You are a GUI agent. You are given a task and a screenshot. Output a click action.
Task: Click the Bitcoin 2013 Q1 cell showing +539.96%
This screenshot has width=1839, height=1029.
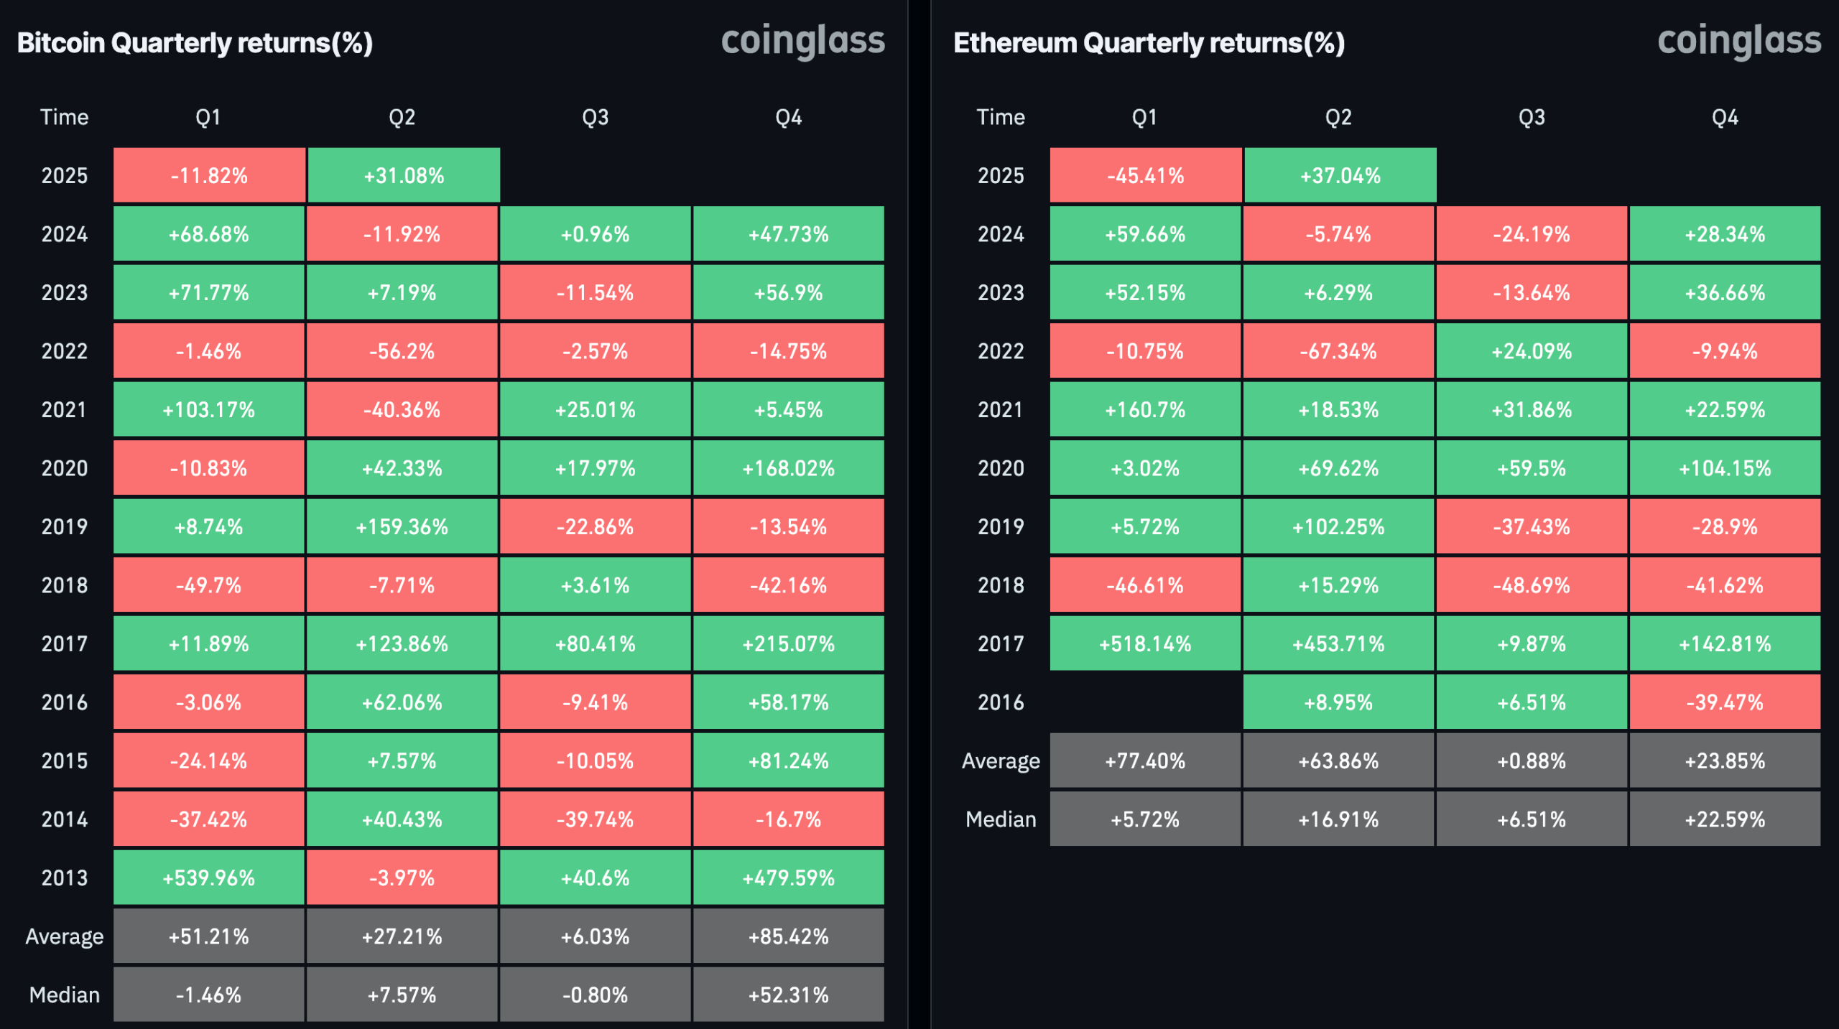[x=208, y=877]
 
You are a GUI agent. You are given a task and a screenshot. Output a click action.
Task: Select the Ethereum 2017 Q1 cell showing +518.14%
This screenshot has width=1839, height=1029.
[x=1145, y=643]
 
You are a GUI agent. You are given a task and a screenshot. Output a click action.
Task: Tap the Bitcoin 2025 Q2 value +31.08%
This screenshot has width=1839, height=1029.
[x=404, y=175]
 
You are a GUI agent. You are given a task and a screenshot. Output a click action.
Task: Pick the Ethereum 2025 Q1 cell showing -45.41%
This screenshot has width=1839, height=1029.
[x=1145, y=175]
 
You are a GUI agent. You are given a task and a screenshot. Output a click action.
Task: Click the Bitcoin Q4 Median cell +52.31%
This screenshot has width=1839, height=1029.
[x=788, y=995]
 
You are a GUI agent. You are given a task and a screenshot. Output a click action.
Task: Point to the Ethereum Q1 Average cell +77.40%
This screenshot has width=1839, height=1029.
[x=1145, y=760]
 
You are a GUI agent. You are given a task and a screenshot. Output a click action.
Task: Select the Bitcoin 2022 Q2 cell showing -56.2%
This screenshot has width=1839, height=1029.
[x=402, y=351]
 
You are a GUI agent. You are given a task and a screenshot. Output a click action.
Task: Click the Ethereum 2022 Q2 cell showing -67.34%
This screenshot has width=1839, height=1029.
[x=1338, y=351]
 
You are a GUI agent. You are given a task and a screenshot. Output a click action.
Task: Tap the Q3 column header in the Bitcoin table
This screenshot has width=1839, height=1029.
[x=595, y=117]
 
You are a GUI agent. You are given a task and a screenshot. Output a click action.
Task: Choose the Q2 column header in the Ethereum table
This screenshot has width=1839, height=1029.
[x=1338, y=117]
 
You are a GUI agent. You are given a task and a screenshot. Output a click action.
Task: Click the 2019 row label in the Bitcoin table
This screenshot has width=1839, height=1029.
[x=65, y=526]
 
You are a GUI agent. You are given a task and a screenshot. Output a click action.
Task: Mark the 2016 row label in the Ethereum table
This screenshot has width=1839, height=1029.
[x=1001, y=702]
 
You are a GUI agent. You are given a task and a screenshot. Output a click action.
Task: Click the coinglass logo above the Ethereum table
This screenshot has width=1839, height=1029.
[x=1739, y=41]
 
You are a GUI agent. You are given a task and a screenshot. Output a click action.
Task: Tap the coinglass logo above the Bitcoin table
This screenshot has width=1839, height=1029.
[x=802, y=41]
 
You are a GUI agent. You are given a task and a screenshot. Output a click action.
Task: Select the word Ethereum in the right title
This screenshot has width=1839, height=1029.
[x=1015, y=43]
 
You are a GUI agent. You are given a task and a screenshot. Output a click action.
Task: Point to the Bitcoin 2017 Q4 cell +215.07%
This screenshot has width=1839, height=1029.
[x=788, y=643]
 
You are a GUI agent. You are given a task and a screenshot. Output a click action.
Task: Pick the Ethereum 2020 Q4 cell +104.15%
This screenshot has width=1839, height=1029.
[x=1725, y=468]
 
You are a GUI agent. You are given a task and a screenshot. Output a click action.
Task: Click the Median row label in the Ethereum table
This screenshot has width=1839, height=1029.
[x=1001, y=819]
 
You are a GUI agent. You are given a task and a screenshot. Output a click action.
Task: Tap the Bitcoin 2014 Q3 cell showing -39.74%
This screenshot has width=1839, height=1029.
[x=595, y=819]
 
